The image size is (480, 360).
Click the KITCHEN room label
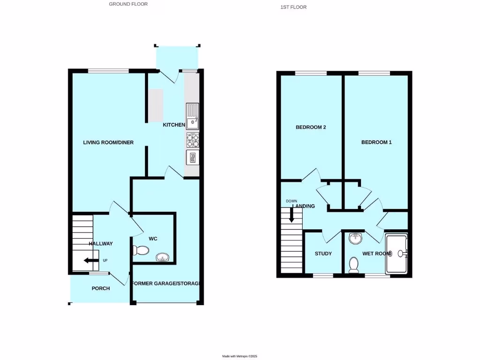(173, 125)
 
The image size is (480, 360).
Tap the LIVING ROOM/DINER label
(108, 142)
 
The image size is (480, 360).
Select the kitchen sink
(192, 117)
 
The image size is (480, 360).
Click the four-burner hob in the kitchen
(193, 140)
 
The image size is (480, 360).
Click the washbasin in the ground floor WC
(162, 257)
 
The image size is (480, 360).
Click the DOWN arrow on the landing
(292, 215)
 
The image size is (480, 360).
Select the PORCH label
(100, 288)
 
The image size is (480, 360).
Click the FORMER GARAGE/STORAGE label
(166, 284)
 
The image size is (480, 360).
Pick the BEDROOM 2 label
(310, 127)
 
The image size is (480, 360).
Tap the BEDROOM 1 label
(376, 142)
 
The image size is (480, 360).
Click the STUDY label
(323, 254)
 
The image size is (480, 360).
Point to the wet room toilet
(354, 265)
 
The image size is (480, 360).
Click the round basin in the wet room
(355, 239)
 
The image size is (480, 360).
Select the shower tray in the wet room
(396, 254)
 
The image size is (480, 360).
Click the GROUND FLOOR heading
(128, 4)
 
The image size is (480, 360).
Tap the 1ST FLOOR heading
(293, 7)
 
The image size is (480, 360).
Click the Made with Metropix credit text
(240, 357)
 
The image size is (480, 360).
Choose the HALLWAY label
(101, 244)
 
